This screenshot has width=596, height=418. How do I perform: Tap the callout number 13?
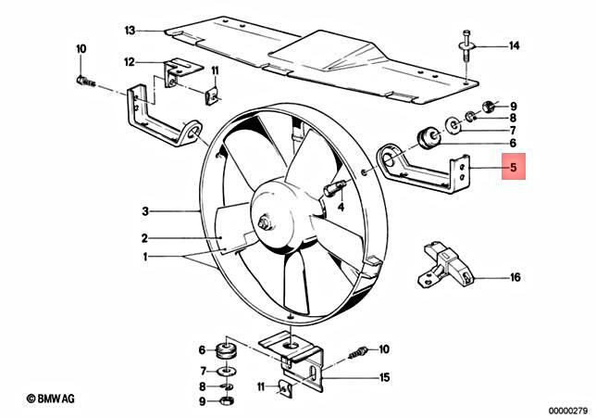[x=130, y=30]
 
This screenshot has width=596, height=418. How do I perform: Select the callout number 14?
[x=515, y=44]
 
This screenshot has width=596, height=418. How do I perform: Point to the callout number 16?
[x=515, y=276]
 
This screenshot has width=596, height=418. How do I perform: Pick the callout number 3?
[x=144, y=209]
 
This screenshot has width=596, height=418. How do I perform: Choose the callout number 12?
[x=130, y=62]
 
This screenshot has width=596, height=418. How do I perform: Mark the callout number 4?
[x=341, y=208]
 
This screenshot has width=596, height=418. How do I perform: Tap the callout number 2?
[x=144, y=236]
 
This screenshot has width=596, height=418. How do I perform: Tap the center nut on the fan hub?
[x=267, y=223]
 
